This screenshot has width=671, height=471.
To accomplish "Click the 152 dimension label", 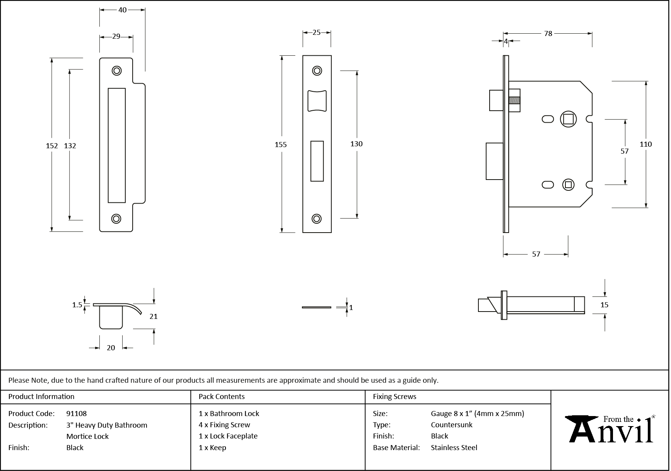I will [51, 146].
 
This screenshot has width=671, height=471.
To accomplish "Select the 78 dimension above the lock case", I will [548, 33].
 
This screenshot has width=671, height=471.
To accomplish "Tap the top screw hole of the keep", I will [116, 70].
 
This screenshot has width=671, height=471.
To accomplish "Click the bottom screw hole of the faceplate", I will [317, 219].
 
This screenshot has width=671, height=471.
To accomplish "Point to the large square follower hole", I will [568, 119].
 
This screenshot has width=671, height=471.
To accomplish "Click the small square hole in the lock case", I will [568, 185].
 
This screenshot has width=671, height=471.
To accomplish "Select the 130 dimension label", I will [356, 144].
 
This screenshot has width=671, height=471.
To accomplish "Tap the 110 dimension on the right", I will [645, 144].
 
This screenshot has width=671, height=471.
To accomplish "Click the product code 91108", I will [77, 413].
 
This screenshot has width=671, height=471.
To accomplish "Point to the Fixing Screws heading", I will [394, 396].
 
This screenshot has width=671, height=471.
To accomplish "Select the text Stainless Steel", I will [454, 447].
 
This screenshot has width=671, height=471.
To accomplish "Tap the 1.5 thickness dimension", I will [77, 305].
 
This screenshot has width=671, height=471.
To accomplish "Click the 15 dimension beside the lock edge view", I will [604, 305].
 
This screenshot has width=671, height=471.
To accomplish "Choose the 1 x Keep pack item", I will [212, 447].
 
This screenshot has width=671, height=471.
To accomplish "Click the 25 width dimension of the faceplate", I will [316, 33].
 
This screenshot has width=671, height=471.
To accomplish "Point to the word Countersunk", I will [452, 425].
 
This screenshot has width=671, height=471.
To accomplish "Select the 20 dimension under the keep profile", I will [111, 348].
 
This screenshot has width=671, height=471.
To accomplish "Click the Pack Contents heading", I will [222, 396].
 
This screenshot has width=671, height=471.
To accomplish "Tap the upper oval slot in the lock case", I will [548, 119].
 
